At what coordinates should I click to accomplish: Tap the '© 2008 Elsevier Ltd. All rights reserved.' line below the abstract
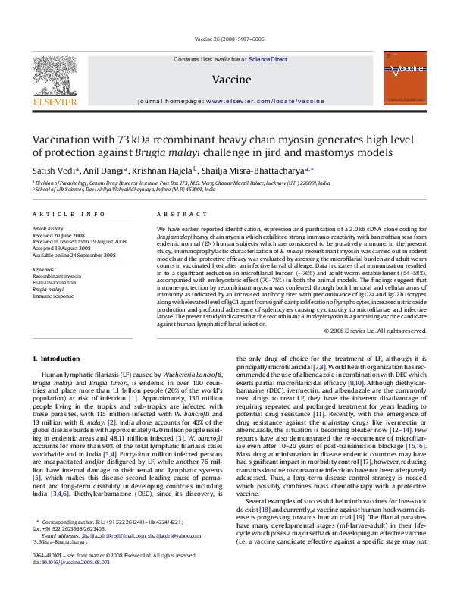(x=370, y=331)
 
